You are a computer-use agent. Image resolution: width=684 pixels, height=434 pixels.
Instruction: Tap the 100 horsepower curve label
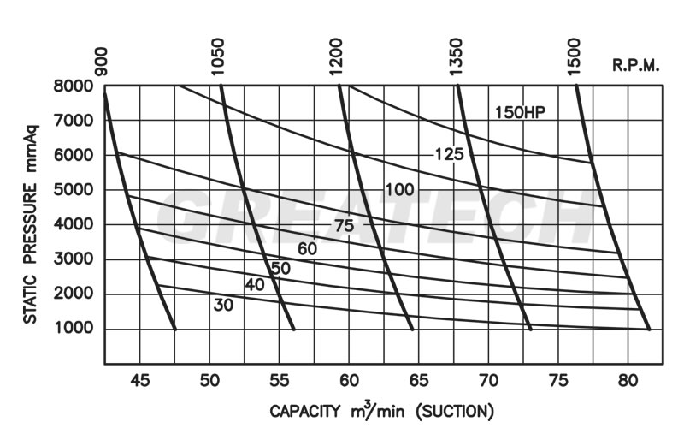(x=399, y=189)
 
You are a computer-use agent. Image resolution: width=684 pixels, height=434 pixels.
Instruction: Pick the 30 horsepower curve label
(x=225, y=304)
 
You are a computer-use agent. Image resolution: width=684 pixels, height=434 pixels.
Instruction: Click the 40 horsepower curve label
(x=254, y=285)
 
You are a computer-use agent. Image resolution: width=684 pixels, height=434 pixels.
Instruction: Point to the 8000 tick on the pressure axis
(x=76, y=86)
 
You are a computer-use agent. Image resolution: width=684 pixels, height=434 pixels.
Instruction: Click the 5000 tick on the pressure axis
(x=76, y=190)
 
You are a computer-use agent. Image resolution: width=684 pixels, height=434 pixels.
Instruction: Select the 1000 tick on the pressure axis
(x=76, y=330)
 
